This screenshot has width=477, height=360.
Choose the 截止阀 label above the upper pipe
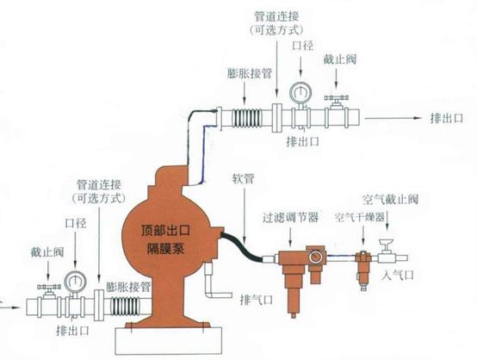337,61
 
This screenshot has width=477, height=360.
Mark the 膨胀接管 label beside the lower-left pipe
129,282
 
